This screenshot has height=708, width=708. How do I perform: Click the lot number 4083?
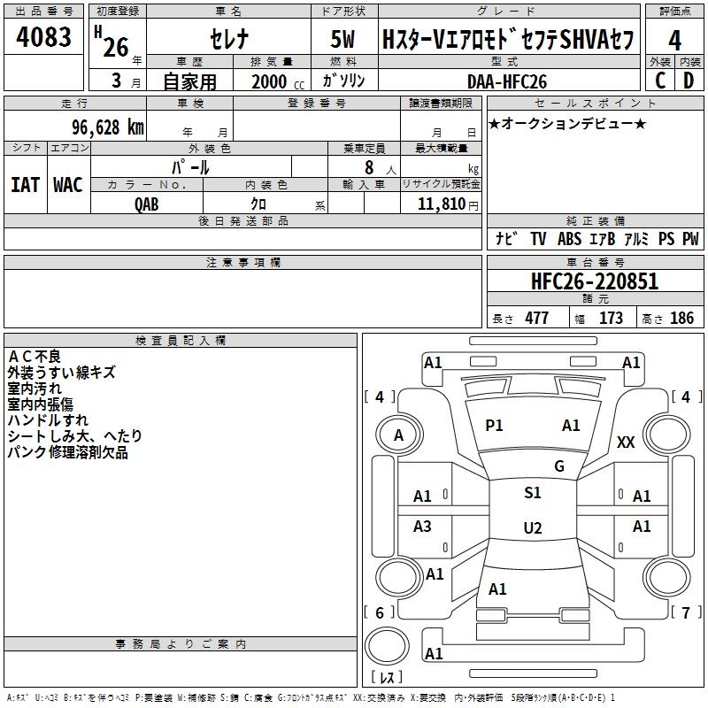pos(45,38)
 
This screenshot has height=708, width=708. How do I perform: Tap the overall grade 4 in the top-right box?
pos(674,40)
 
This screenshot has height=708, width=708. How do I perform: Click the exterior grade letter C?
pos(659,81)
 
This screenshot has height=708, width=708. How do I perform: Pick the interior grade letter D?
pos(689,81)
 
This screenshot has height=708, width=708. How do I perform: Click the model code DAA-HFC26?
pos(507,81)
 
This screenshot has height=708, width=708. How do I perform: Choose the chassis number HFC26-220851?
pos(594,282)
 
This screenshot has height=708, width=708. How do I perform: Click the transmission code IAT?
pos(25,184)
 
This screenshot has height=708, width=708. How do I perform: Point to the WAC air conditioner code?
pos(67,184)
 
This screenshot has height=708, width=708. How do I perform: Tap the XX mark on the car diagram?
pos(626,442)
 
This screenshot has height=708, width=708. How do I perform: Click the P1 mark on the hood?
pos(494,426)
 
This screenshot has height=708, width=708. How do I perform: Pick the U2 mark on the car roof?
pos(532,528)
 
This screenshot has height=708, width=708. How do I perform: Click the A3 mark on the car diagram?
pos(423,527)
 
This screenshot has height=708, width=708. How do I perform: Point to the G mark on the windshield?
pos(558,466)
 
